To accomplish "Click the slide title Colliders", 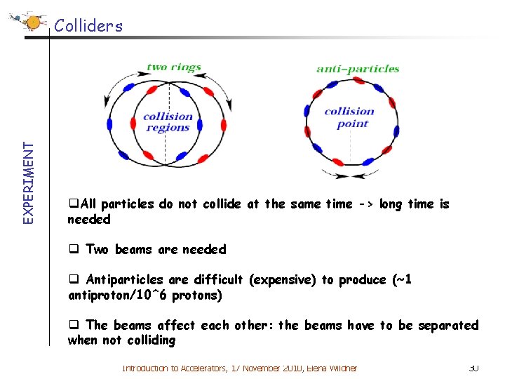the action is click(x=88, y=27).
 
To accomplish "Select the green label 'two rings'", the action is click(x=173, y=67).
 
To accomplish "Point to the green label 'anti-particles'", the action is click(x=358, y=69).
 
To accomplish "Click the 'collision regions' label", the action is click(x=168, y=121).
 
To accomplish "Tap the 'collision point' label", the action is click(x=349, y=117).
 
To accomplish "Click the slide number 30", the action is click(x=473, y=368).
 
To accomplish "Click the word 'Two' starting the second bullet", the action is click(x=97, y=249).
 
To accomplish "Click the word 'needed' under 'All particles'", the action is click(x=88, y=220).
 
